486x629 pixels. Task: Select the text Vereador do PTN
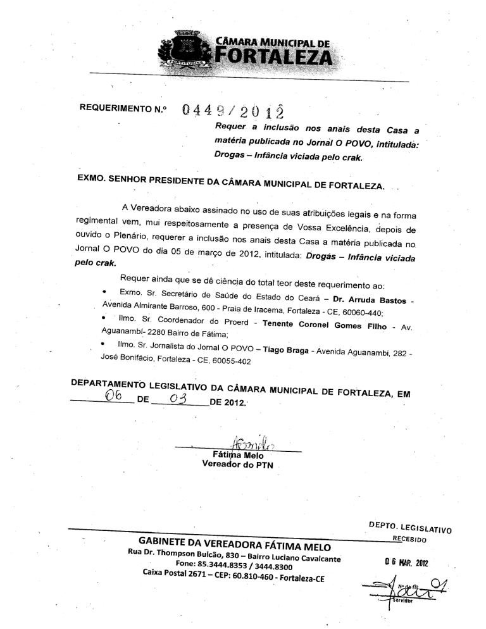pyautogui.click(x=237, y=465)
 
